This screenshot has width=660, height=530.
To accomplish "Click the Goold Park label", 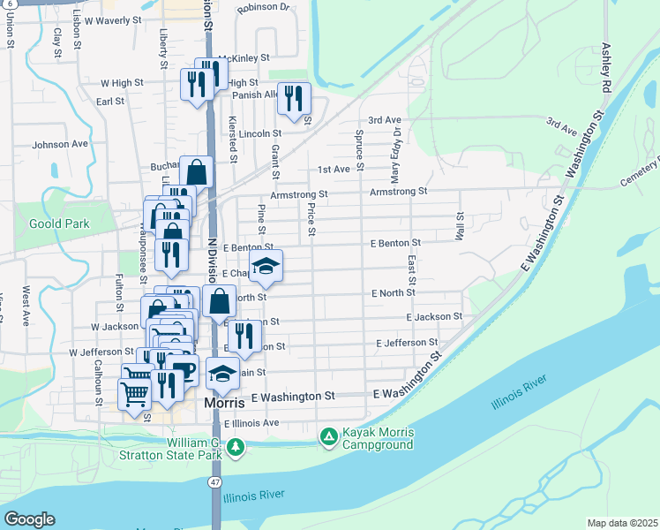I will [x=59, y=224].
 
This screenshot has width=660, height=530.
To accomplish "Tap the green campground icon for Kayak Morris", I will [x=328, y=436].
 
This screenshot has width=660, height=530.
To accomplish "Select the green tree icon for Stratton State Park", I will [x=236, y=448].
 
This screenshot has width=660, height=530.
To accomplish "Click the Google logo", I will [x=28, y=519].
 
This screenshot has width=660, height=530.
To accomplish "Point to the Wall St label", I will [x=460, y=225].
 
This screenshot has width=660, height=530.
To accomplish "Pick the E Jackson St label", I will [x=434, y=316].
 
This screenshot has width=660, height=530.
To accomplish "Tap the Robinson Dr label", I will [x=263, y=7].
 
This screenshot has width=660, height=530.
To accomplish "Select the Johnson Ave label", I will [x=60, y=144].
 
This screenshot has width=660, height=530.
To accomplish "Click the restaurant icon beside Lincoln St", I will [x=295, y=99].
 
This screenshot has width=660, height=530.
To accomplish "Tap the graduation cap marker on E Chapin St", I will [x=265, y=264].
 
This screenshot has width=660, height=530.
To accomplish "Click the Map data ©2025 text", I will [x=623, y=523].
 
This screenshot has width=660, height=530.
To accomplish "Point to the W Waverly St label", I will [x=107, y=19].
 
